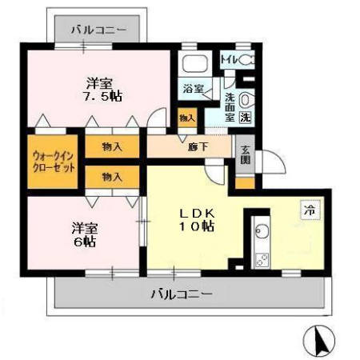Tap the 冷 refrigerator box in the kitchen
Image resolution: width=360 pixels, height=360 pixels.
coord(308,210)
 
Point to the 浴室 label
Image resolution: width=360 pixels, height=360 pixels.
coord(192,89)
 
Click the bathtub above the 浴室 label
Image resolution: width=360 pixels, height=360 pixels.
coord(194,63)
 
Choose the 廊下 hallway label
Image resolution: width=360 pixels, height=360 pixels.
coord(198,147)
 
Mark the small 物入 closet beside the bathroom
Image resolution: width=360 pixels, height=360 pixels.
coord(186,118)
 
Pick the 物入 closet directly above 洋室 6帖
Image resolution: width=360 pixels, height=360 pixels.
coord(112,176)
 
